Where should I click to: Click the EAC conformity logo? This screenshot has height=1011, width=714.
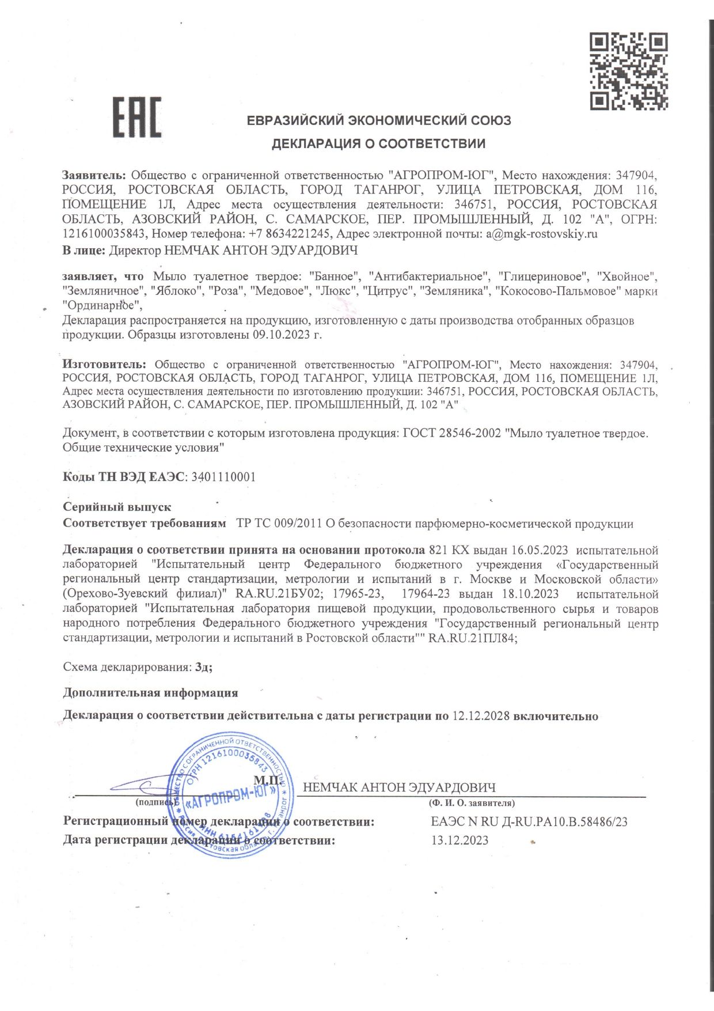pyautogui.click(x=136, y=117)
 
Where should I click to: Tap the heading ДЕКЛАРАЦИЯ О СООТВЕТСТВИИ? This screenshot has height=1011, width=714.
pyautogui.click(x=378, y=143)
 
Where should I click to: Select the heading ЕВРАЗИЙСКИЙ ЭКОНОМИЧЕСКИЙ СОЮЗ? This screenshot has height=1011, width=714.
pyautogui.click(x=378, y=120)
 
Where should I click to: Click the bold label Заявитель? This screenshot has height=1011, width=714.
pyautogui.click(x=94, y=175)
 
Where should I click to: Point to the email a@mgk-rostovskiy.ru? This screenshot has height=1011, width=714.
pyautogui.click(x=542, y=234)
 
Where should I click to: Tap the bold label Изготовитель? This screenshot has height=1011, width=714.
pyautogui.click(x=105, y=365)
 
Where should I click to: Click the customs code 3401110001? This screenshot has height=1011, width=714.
pyautogui.click(x=223, y=477)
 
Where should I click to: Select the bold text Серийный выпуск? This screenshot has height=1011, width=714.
pyautogui.click(x=117, y=507)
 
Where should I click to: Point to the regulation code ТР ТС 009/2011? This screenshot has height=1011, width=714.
pyautogui.click(x=279, y=524)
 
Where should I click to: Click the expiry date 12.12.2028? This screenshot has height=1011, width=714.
pyautogui.click(x=481, y=716)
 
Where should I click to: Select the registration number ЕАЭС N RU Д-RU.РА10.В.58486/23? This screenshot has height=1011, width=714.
pyautogui.click(x=529, y=821)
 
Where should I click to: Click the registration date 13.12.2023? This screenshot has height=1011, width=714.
pyautogui.click(x=459, y=840)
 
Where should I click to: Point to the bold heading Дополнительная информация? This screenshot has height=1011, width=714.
pyautogui.click(x=150, y=692)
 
